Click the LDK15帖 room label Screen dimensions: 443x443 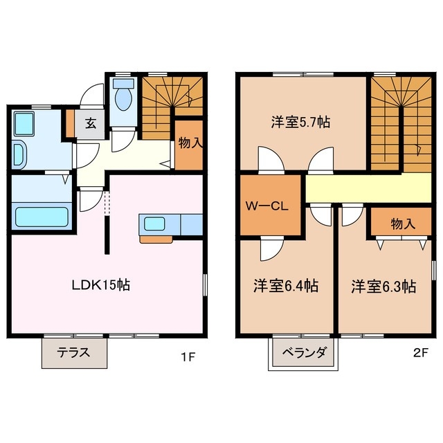[x=103, y=284]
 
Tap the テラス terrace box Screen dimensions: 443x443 [x=74, y=352]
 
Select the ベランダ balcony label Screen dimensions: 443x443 [x=304, y=352]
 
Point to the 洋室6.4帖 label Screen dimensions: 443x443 [x=285, y=285]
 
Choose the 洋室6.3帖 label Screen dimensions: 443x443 [x=383, y=285]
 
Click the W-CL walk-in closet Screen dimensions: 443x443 [x=268, y=206]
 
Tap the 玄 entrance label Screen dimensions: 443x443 [x=91, y=125]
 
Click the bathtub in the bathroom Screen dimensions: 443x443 [x=42, y=215]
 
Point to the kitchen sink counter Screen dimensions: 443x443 [x=155, y=224]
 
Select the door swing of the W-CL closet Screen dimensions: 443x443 [x=270, y=247]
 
